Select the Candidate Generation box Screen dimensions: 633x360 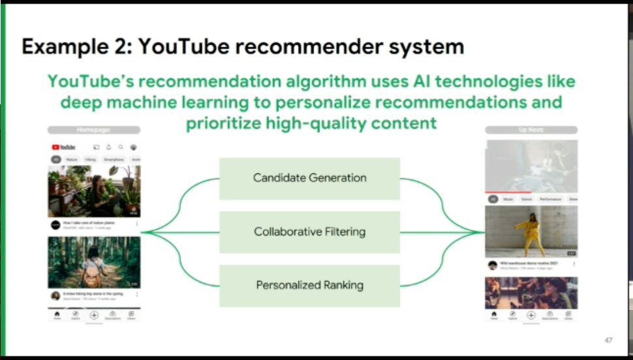pos(309,178)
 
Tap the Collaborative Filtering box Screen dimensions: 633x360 pos(309,232)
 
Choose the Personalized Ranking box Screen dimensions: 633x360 pos(309,285)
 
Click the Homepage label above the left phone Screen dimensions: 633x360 pos(93,130)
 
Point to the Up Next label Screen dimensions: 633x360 pos(531,130)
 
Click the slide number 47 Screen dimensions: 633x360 pos(608,340)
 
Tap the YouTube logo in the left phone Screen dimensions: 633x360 pos(63,147)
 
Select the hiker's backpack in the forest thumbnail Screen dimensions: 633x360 pos(93,269)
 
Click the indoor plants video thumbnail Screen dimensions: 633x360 pos(93,190)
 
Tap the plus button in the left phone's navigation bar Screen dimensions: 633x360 pos(93,314)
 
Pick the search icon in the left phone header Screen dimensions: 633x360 pos(121,147)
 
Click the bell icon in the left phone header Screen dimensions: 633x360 pos(108,147)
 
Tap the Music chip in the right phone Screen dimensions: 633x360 pos(508,199)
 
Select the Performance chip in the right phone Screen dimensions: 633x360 pos(549,199)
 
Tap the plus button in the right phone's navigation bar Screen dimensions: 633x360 pos(531,314)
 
